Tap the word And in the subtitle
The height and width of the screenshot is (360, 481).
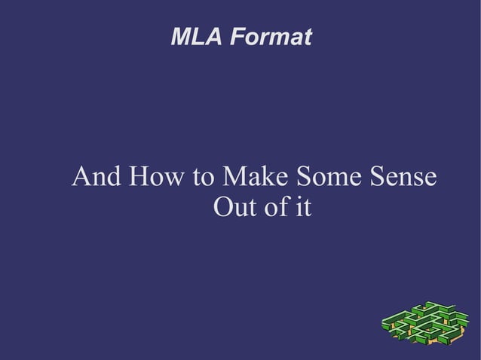click(x=97, y=178)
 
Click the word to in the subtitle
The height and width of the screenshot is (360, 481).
click(x=202, y=179)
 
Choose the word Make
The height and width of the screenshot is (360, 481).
click(x=252, y=178)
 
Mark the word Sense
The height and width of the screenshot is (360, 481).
click(x=400, y=178)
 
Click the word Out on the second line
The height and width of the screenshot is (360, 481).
click(x=233, y=206)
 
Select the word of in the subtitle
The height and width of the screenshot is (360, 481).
click(x=275, y=206)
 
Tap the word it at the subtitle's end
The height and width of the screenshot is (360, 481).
click(x=303, y=206)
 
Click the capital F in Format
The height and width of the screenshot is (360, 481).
click(x=237, y=36)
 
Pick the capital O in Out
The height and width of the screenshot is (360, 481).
click(x=223, y=206)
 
